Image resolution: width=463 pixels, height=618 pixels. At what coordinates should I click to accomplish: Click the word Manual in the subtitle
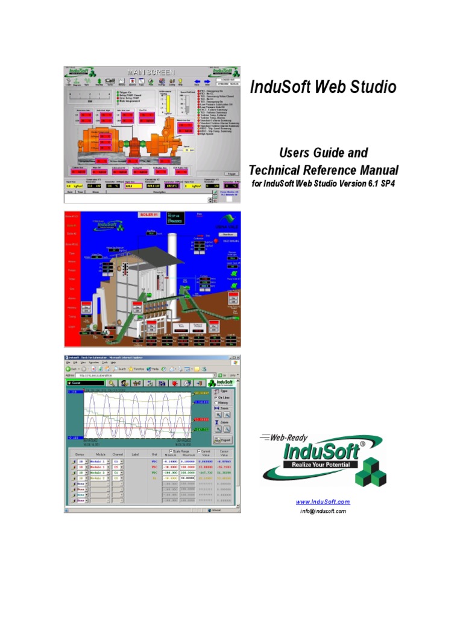[375, 170]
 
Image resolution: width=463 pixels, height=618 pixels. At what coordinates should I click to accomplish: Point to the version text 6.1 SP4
[383, 183]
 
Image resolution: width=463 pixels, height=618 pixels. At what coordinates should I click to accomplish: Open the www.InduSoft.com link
[323, 502]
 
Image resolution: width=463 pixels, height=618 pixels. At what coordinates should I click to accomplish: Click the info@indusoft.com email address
[323, 511]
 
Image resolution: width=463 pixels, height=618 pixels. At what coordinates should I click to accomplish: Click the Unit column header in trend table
[154, 454]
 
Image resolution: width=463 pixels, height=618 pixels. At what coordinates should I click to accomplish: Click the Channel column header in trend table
[118, 454]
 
